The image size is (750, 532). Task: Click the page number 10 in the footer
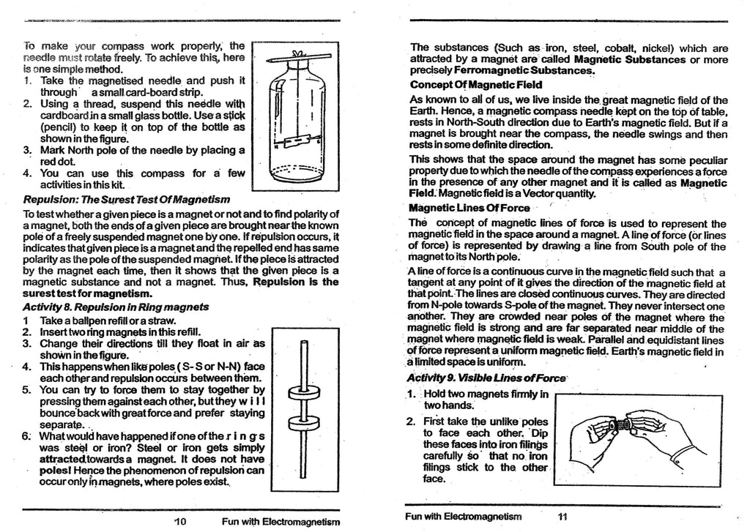182,521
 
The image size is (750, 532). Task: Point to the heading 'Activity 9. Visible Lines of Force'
487,378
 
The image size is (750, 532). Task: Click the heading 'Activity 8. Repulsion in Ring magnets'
115,307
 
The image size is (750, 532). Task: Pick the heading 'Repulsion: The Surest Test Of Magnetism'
127,199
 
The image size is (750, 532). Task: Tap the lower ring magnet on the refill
302,422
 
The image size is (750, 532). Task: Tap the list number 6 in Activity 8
26,438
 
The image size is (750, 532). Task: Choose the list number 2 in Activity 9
410,422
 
